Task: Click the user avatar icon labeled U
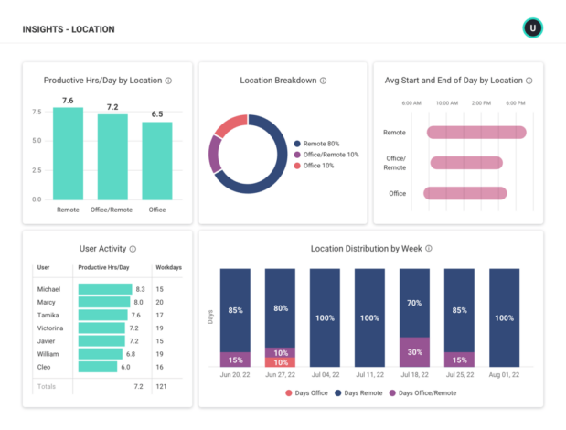pyautogui.click(x=532, y=28)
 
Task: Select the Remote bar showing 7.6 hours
pyautogui.click(x=68, y=154)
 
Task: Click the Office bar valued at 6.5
pyautogui.click(x=157, y=160)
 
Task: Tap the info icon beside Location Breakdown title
pyautogui.click(x=323, y=81)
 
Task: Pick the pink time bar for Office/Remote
pyautogui.click(x=466, y=163)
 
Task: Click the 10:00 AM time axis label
pyautogui.click(x=447, y=103)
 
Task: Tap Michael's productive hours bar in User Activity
pyautogui.click(x=104, y=289)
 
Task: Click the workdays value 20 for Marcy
pyautogui.click(x=160, y=302)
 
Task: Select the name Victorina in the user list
pyautogui.click(x=50, y=328)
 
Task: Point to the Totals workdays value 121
pyautogui.click(x=161, y=387)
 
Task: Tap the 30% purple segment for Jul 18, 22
pyautogui.click(x=414, y=351)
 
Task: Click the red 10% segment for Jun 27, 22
pyautogui.click(x=280, y=362)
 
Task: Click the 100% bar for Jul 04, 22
pyautogui.click(x=325, y=317)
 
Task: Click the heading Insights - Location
pyautogui.click(x=69, y=29)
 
